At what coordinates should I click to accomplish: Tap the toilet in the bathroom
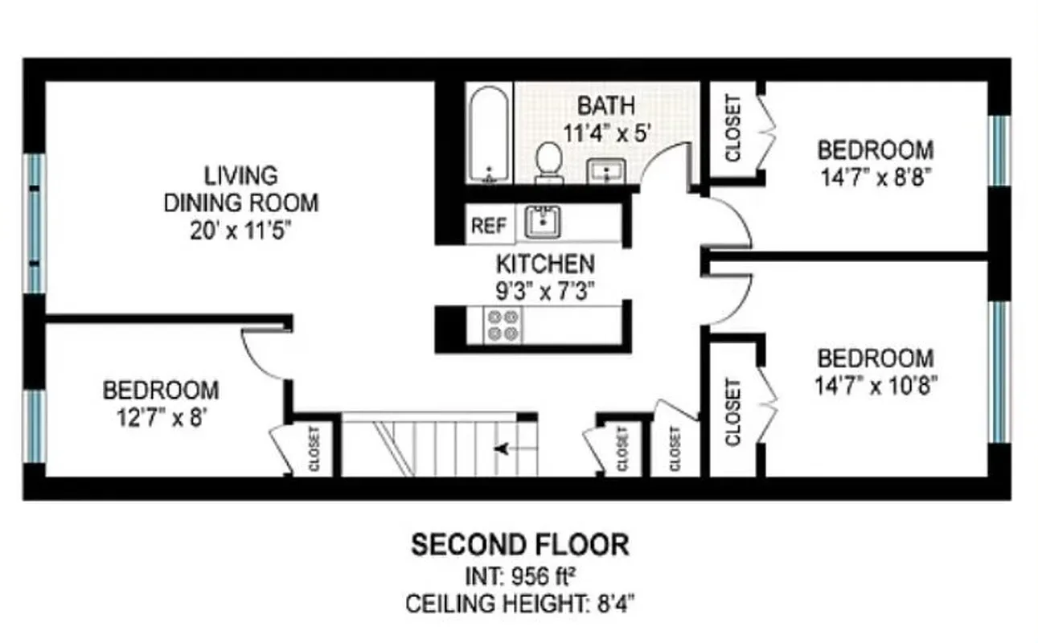[x=549, y=161]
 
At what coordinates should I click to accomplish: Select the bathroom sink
[x=607, y=170]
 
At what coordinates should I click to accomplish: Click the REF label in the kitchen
[x=488, y=226]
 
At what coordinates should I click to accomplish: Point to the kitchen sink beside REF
[x=544, y=222]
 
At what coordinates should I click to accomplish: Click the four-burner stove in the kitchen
[x=502, y=325]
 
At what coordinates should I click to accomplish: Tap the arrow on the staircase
[x=504, y=448]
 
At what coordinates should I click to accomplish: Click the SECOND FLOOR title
[x=519, y=545]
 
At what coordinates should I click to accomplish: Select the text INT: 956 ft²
[x=519, y=576]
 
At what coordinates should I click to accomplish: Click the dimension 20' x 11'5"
[x=240, y=231]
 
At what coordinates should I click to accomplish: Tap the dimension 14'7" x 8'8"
[x=876, y=177]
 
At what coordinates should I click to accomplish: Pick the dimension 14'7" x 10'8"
[x=876, y=384]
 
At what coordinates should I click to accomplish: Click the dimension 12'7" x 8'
[x=160, y=418]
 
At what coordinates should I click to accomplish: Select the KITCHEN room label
[x=545, y=263]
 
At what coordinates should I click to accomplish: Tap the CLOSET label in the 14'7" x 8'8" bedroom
[x=732, y=129]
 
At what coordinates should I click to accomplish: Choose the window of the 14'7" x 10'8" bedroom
[x=999, y=371]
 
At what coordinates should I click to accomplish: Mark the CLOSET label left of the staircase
[x=314, y=448]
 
